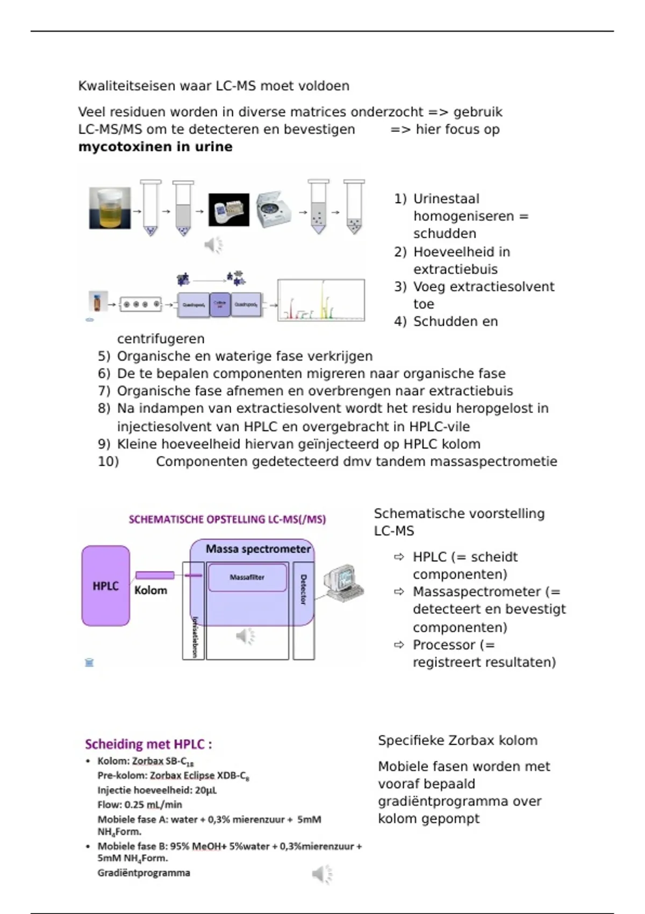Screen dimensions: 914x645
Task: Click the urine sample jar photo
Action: coord(110,208)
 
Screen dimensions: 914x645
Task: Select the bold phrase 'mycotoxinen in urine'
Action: coord(155,147)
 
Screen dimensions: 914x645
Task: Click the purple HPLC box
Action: coord(106,585)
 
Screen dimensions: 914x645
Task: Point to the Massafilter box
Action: coord(247,577)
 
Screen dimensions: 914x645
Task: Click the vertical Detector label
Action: coord(303,589)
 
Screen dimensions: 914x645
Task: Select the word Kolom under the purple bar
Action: coord(150,590)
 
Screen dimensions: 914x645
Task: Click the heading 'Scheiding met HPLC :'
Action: coord(148,744)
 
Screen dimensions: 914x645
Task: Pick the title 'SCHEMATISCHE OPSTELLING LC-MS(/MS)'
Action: coord(227,519)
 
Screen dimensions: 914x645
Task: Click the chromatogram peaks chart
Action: coord(321,300)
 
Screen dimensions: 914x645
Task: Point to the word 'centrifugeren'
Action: coord(161,339)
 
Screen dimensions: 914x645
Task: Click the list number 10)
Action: coord(108,461)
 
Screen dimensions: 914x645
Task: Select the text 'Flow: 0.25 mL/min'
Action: coord(140,805)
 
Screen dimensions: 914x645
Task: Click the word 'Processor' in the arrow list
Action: coord(443,645)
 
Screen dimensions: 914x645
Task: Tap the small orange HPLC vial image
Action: coord(97,302)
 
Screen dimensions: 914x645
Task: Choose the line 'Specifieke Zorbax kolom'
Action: coord(457,740)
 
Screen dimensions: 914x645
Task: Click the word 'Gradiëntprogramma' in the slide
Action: coord(144,873)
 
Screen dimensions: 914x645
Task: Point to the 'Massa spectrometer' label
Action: coord(258,549)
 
